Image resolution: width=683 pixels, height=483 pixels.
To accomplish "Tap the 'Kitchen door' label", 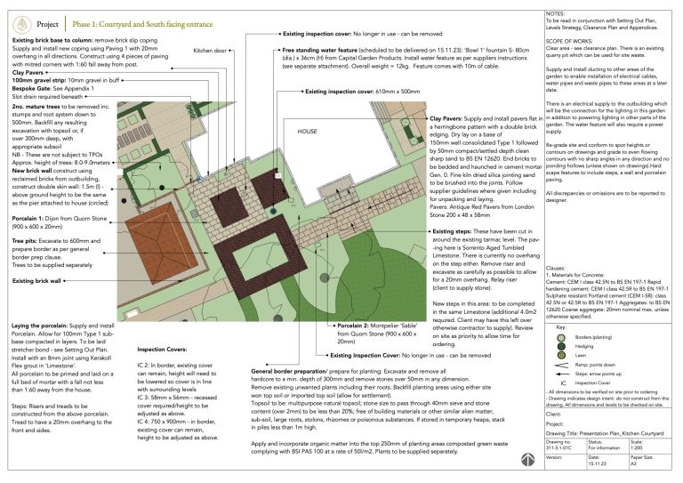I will pos(209,52).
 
